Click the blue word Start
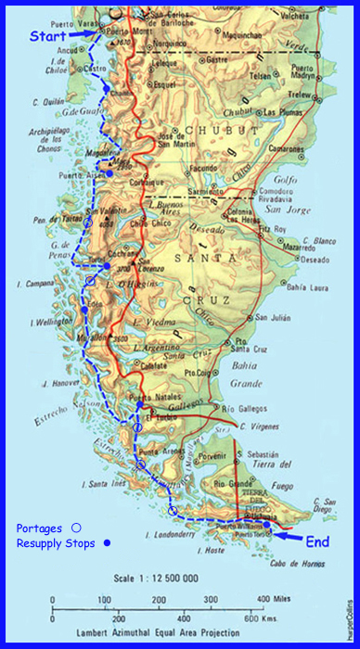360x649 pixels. point(47,36)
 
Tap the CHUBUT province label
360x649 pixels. point(209,130)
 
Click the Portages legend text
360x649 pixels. point(41,527)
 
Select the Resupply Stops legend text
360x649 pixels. point(57,543)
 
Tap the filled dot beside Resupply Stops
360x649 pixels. point(107,543)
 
